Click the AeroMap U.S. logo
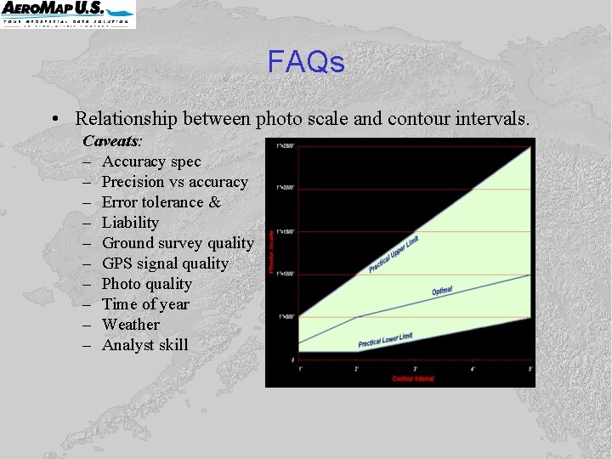point(67,13)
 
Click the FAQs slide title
point(306,62)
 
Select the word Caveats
point(111,140)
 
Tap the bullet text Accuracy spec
point(151,161)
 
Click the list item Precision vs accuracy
point(174,182)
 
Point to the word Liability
point(130,223)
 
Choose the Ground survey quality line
point(178,243)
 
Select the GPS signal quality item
point(165,263)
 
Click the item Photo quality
point(146,284)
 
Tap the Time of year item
point(145,304)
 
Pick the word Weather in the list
point(130,325)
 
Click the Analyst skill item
point(145,345)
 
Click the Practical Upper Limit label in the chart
point(394,254)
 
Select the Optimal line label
point(442,291)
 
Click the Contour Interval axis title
point(414,377)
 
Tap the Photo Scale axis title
point(272,251)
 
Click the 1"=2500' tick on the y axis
point(286,145)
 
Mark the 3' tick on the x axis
point(415,368)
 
